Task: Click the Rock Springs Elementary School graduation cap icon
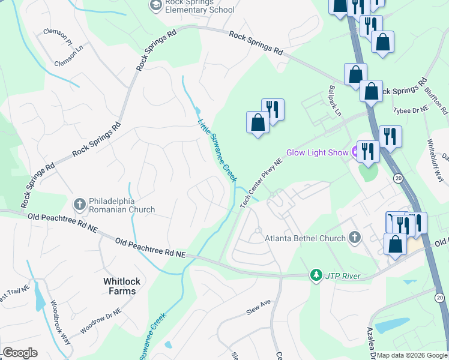coord(155,5)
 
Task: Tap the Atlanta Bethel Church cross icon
coord(355,238)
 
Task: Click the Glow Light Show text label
coord(317,152)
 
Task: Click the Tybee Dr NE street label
coord(410,110)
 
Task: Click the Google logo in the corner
coord(19,353)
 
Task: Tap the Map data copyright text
coord(412,355)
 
